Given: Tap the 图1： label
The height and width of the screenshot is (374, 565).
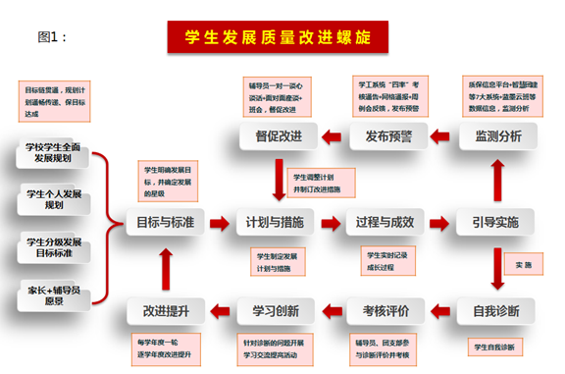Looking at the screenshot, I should pos(55,37).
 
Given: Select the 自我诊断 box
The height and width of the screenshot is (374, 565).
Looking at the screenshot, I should pos(496,311).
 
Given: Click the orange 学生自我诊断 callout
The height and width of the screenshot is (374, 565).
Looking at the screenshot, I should pos(497,347).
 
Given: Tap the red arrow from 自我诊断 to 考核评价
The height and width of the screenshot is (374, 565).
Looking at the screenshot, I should pos(442,311).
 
